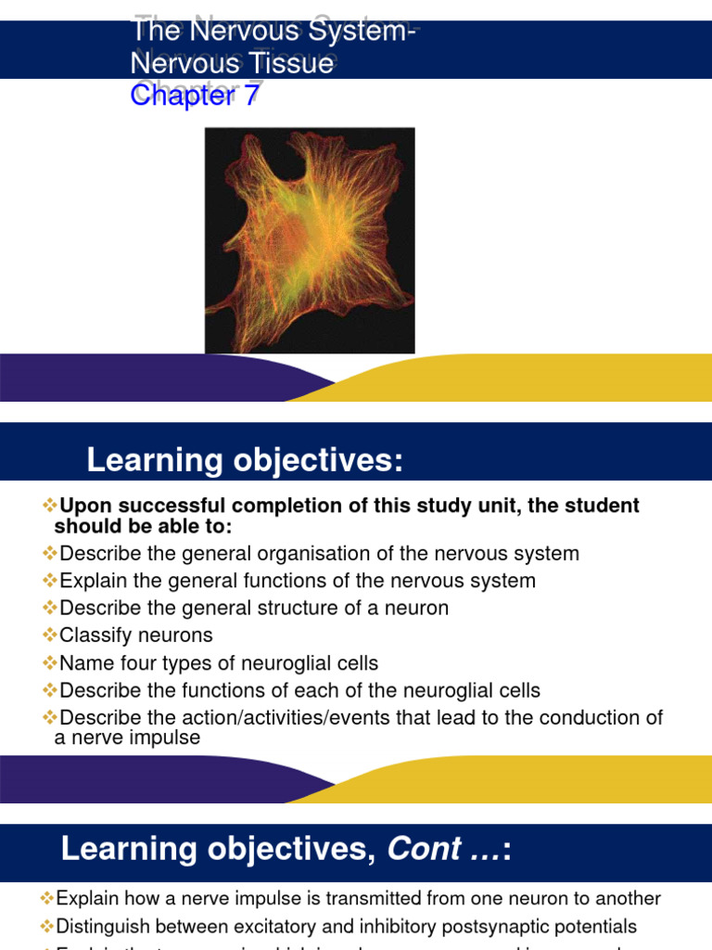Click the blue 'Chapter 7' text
[x=195, y=95]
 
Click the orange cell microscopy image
[x=310, y=240]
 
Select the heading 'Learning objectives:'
[x=245, y=460]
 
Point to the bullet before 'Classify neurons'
[x=50, y=635]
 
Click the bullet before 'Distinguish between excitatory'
[x=47, y=926]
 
